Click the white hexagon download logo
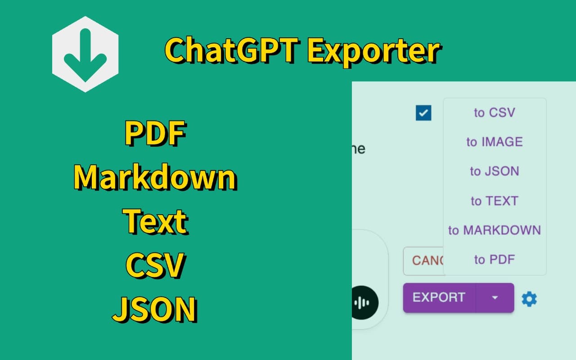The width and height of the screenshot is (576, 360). [85, 54]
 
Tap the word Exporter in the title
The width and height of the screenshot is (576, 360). [373, 51]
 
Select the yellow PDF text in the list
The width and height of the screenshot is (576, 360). [155, 134]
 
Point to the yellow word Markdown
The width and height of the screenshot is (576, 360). [155, 177]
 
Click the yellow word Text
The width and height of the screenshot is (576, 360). [155, 221]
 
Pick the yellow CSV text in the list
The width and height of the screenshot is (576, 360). [155, 265]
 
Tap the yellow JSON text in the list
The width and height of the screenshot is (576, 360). [155, 309]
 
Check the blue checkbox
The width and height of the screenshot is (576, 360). [423, 113]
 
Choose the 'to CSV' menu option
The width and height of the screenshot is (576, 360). [494, 112]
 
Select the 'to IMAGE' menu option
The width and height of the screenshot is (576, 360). [494, 142]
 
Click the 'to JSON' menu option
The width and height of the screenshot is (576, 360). [494, 171]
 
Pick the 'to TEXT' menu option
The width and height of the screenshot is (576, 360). [494, 201]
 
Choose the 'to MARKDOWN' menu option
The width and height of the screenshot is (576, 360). [494, 230]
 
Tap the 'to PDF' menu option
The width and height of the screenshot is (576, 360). [494, 260]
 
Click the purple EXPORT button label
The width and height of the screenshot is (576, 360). [439, 297]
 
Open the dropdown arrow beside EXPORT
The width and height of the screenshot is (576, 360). [495, 297]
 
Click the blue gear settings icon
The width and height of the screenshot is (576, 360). [529, 299]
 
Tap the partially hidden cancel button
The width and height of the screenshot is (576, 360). [423, 261]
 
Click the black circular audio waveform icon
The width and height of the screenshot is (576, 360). [362, 302]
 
